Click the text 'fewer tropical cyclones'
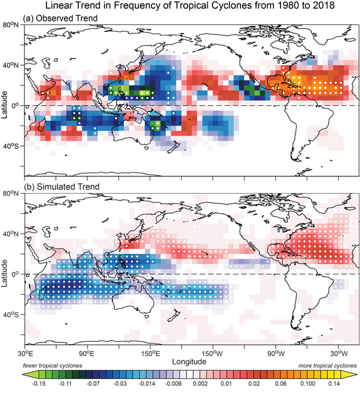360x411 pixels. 52,366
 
